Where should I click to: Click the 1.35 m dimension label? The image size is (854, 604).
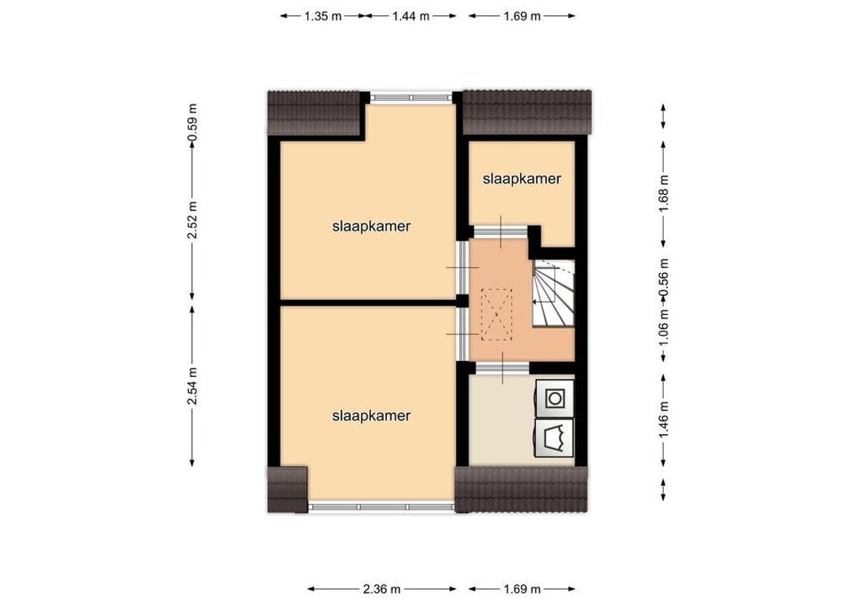(x=323, y=16)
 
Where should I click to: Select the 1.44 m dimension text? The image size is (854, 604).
(x=411, y=16)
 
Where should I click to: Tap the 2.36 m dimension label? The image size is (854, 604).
(x=381, y=589)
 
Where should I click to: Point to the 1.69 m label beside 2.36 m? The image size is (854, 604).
(x=522, y=589)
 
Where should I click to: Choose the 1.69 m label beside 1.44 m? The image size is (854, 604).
(x=522, y=16)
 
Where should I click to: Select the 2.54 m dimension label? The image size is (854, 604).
(x=193, y=387)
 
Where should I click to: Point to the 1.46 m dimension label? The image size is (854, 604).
(x=664, y=420)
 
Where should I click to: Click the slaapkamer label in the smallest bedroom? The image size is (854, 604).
(x=522, y=179)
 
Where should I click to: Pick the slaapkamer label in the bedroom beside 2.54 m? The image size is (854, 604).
(x=371, y=415)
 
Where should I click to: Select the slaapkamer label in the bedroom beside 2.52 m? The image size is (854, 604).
(x=371, y=226)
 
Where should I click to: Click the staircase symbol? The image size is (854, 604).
(x=553, y=293)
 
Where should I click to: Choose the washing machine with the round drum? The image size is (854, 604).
(x=555, y=396)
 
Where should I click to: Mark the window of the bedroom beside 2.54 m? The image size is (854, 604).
(x=381, y=506)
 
